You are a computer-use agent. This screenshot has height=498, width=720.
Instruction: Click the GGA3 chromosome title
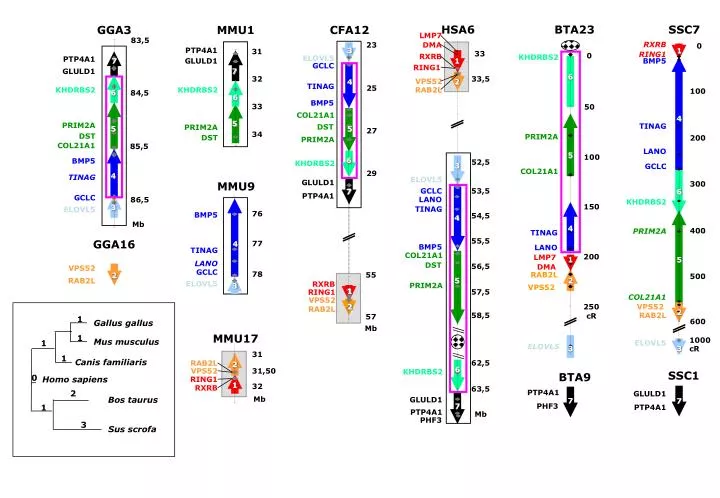(114, 29)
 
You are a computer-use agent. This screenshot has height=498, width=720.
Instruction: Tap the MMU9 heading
(236, 186)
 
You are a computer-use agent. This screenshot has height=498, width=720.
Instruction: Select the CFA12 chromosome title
(349, 29)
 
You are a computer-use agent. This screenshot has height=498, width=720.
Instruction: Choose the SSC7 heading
(684, 29)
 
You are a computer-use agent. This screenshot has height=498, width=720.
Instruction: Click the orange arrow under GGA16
(114, 273)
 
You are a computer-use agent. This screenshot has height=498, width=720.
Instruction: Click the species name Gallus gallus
(123, 323)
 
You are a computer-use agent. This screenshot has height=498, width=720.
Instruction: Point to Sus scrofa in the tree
(130, 429)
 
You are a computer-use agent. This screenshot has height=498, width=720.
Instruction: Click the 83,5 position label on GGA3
(140, 40)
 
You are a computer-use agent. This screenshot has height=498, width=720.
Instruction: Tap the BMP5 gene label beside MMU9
(206, 215)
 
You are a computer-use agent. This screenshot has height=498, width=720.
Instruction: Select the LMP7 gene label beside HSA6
(431, 36)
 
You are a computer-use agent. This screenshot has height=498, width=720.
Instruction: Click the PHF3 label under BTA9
(546, 406)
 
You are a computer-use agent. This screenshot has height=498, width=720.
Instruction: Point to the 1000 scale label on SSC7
(698, 340)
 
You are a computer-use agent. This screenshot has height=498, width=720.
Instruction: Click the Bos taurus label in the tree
(133, 400)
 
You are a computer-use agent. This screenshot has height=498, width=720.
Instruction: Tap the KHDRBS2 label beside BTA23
(538, 57)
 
